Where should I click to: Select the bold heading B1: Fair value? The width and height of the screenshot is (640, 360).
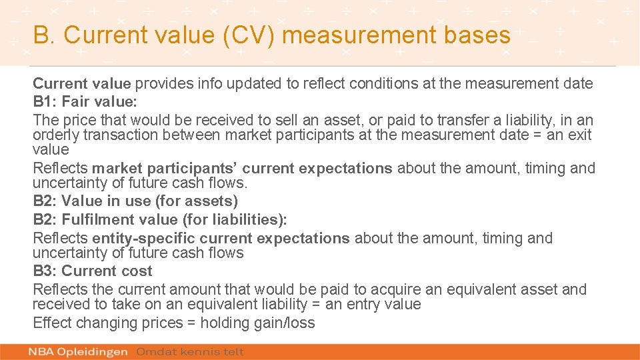point(85,102)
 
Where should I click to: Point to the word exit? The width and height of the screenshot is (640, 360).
point(579,135)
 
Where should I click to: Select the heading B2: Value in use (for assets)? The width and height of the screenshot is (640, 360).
point(135,201)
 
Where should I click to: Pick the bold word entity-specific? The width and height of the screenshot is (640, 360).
point(143,238)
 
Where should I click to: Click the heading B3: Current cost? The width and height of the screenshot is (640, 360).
point(92,271)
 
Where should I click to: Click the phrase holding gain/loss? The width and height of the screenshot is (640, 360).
point(257,323)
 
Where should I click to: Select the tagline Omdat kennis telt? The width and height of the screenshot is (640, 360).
point(190,351)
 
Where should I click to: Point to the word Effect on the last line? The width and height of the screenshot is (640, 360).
point(52,323)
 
